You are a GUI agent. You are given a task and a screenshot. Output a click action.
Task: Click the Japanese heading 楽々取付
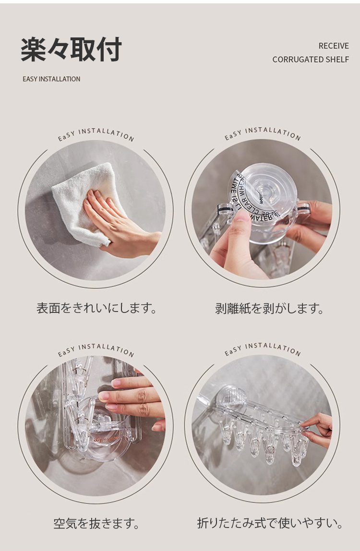pos(71,50)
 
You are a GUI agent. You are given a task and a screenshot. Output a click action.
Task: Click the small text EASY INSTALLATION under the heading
pos(51,79)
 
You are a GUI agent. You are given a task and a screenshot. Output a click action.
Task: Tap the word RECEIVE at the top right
pos(334,46)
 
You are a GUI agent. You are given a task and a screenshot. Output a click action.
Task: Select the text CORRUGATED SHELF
pos(311,60)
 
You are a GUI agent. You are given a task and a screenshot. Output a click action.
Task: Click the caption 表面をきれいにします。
pos(96,308)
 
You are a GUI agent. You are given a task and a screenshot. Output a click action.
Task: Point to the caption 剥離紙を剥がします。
pos(269,309)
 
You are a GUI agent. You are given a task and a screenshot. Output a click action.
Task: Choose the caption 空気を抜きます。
pos(96,523)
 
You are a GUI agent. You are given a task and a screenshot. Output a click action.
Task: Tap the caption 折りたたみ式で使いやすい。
pos(270,523)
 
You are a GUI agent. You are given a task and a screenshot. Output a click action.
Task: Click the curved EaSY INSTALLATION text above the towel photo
pos(96,134)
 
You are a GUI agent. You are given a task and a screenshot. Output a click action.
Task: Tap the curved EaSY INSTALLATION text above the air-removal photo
pos(96,349)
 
